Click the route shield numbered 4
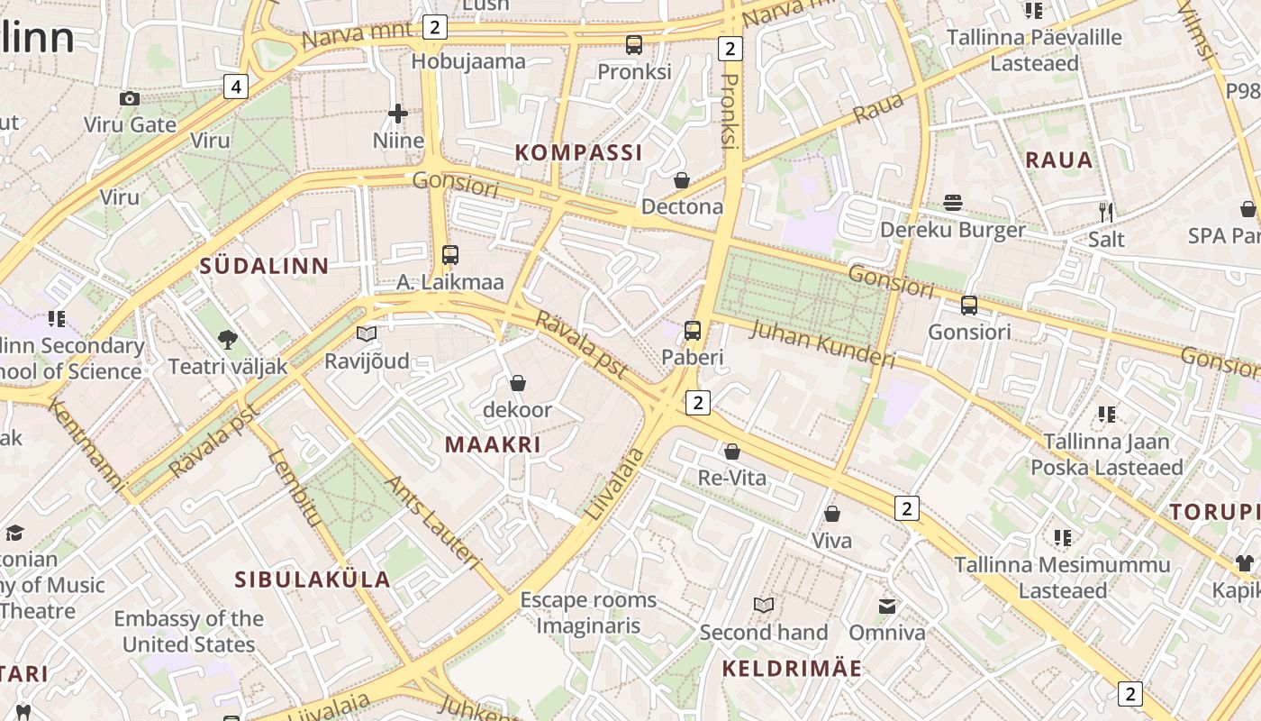pos(235,87)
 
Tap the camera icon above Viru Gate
pos(130,98)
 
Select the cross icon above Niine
pos(398,114)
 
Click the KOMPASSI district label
pos(579,152)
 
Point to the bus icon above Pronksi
pos(634,44)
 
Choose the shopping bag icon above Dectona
pos(682,180)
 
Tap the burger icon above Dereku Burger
pos(953,203)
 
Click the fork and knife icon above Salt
pos(1106,212)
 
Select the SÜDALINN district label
pos(264,266)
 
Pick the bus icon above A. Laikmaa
pos(450,255)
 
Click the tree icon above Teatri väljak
pos(228,340)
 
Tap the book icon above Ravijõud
pos(367,334)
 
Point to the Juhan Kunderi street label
pos(822,343)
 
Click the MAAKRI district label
pos(493,444)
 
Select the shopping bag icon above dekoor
pos(517,383)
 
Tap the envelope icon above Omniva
pos(887,606)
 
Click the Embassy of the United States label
pos(188,631)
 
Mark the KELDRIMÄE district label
pos(792,669)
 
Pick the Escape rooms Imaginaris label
pos(588,613)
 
